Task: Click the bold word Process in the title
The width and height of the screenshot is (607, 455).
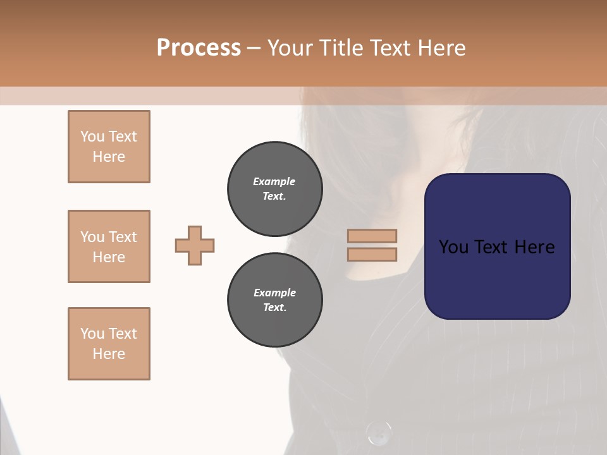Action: (199, 48)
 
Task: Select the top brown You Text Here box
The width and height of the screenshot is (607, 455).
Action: (109, 147)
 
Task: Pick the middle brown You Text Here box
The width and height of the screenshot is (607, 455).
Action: (109, 246)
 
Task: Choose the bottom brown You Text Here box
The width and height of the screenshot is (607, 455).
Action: (109, 344)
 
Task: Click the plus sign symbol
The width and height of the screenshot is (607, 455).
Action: (195, 245)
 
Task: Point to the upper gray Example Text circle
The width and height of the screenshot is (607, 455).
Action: (274, 189)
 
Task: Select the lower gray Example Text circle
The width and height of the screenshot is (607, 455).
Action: (274, 300)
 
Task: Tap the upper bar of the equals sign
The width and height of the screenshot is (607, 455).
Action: (372, 236)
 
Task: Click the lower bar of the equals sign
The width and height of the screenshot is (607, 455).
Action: (372, 254)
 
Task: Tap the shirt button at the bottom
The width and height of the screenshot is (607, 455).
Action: (378, 433)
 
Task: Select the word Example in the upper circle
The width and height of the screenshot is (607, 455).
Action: (274, 181)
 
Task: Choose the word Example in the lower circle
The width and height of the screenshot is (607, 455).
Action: (274, 293)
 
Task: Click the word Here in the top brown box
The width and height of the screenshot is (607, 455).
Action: (109, 157)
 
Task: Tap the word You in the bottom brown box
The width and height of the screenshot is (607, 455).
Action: (92, 334)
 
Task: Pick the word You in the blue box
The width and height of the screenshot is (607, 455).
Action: (453, 247)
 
